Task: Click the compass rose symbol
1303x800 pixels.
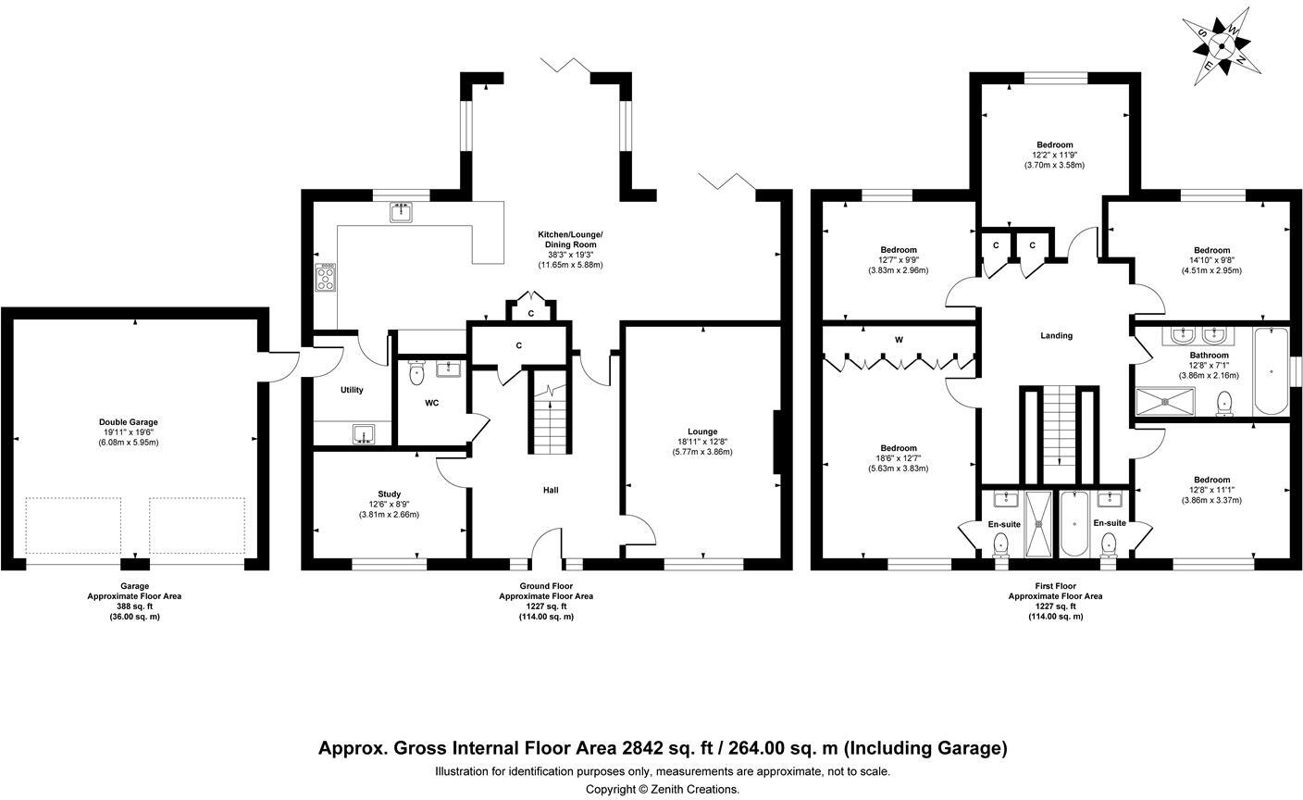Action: tap(1222, 46)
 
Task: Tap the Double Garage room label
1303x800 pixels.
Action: tap(128, 422)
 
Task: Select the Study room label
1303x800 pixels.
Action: tap(390, 494)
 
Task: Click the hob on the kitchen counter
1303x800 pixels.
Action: tap(325, 278)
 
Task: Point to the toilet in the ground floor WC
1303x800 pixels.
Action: tap(416, 373)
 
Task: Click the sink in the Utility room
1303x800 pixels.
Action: tap(364, 434)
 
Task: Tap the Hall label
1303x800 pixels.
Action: tap(551, 490)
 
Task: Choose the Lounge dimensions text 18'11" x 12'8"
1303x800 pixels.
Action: tap(702, 442)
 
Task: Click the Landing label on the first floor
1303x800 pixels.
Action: tap(1056, 335)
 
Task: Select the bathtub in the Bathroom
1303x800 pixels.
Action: tap(1271, 371)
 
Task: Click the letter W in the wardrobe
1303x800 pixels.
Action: tap(899, 340)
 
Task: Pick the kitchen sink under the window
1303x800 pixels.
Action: tap(401, 212)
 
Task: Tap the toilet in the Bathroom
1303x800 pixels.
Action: tap(1224, 404)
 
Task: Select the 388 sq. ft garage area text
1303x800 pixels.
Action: tap(134, 606)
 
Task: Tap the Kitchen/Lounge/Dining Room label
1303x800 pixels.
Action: tap(570, 240)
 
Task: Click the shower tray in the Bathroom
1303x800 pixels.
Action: tap(1165, 402)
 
